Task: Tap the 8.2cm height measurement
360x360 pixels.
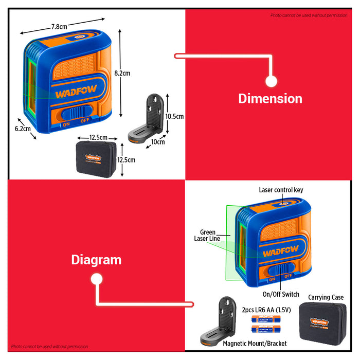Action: pyautogui.click(x=122, y=73)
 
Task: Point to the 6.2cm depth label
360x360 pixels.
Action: pyautogui.click(x=23, y=129)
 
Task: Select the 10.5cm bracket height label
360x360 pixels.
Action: pyautogui.click(x=174, y=117)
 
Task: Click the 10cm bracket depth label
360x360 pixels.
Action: pyautogui.click(x=158, y=142)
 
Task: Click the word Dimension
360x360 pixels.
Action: pyautogui.click(x=270, y=98)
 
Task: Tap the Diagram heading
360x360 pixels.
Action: pyautogui.click(x=96, y=260)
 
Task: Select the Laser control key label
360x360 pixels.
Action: pyautogui.click(x=281, y=190)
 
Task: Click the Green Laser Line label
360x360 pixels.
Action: pyautogui.click(x=205, y=236)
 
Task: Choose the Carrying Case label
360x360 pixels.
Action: pyautogui.click(x=326, y=297)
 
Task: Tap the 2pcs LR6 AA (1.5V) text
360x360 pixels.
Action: pyautogui.click(x=265, y=311)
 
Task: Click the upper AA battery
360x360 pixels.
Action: pyautogui.click(x=265, y=320)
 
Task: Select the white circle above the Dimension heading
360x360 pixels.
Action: pyautogui.click(x=271, y=81)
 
